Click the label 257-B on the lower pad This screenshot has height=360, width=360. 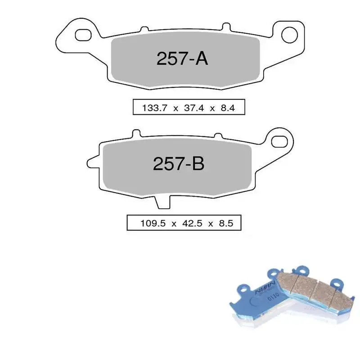(x=179, y=164)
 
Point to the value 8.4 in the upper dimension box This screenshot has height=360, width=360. (x=227, y=108)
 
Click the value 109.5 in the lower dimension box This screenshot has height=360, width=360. (x=148, y=223)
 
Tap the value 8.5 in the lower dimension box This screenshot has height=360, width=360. (x=224, y=223)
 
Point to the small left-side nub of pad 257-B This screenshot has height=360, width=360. (x=92, y=159)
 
